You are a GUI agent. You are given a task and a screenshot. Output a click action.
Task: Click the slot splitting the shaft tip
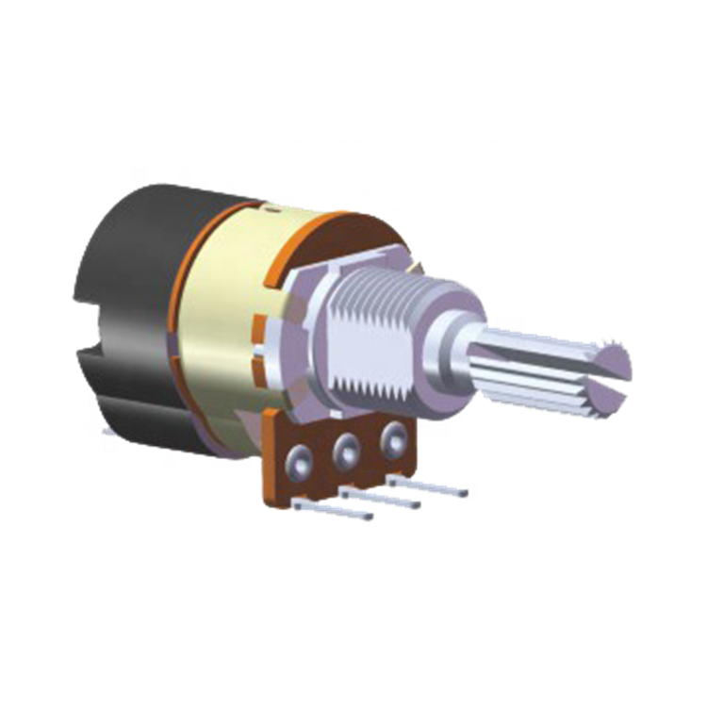point(603,377)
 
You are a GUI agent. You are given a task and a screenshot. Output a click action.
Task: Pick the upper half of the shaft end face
point(611,359)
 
